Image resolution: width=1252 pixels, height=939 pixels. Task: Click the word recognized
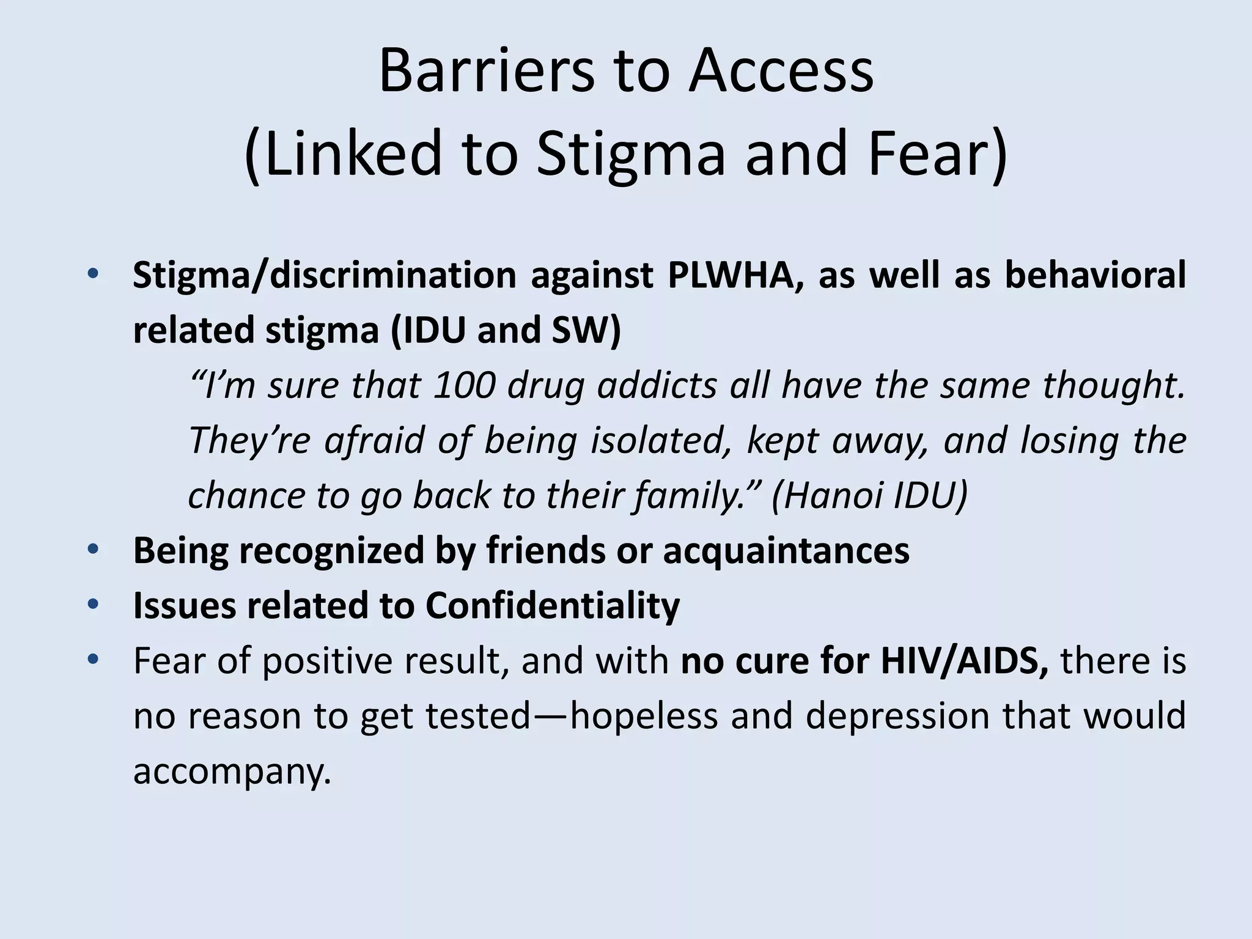331,551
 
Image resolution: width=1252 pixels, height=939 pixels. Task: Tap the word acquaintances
786,551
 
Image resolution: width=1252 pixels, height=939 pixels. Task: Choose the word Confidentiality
553,606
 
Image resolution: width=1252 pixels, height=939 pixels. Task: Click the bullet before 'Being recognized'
93,549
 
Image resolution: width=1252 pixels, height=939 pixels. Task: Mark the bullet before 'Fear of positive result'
93,659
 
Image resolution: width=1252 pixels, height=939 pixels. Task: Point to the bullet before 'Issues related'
93,604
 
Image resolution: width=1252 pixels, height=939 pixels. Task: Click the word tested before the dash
477,716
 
